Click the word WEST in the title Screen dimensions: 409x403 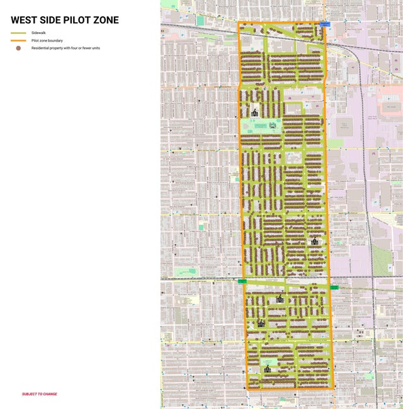point(26,20)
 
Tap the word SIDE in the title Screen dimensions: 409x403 point(55,20)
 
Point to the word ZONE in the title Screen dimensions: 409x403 point(108,20)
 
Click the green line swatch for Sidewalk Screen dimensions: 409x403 point(18,33)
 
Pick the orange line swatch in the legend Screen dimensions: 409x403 point(18,40)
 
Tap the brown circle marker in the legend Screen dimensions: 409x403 point(18,48)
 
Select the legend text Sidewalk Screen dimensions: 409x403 point(39,33)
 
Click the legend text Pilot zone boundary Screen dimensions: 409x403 point(47,40)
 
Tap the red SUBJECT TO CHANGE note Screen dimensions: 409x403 point(40,394)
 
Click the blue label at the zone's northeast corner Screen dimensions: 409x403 point(325,24)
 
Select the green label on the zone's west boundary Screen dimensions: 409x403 point(242,281)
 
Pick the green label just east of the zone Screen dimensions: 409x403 point(334,287)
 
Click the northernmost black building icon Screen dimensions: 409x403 point(254,113)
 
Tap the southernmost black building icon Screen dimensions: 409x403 point(267,369)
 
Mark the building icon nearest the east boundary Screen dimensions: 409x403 point(314,241)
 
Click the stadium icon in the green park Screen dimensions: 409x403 point(273,125)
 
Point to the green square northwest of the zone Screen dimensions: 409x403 point(200,21)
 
